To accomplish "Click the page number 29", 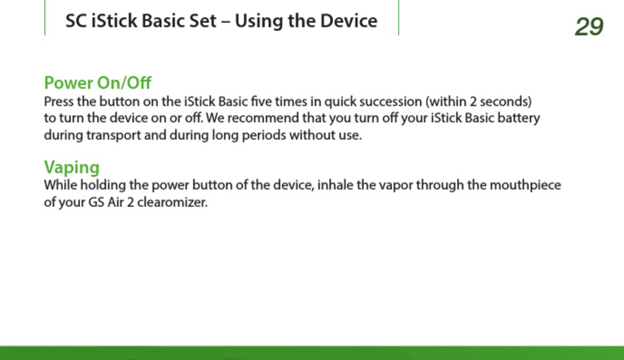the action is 589,27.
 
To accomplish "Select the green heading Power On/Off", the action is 97,83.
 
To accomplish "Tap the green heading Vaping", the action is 72,168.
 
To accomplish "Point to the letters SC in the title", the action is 76,21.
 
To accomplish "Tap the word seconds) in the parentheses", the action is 505,102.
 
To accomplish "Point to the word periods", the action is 264,136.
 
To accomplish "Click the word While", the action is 60,185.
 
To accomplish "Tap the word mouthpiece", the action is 525,185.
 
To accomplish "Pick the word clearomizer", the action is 172,202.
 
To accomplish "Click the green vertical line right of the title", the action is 398,18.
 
